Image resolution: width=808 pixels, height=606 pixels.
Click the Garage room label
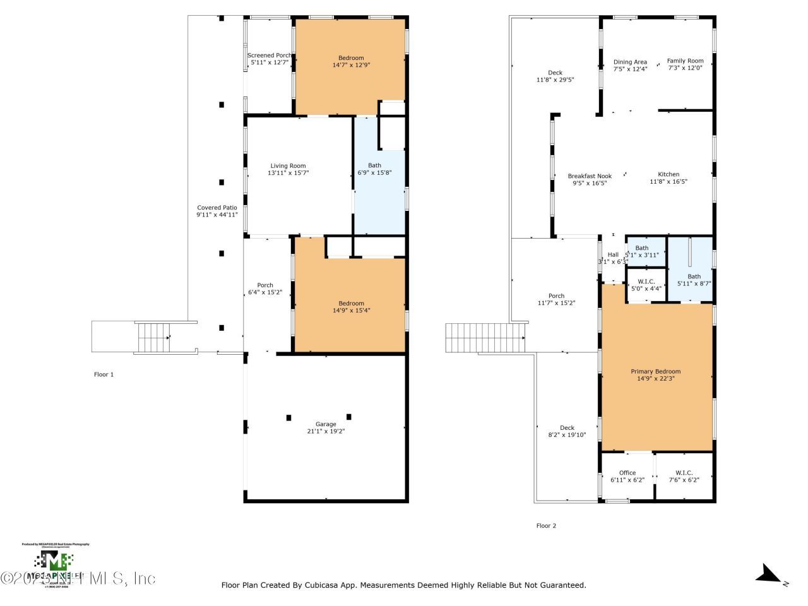(x=326, y=424)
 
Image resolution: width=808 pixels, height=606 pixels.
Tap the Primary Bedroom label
(x=656, y=371)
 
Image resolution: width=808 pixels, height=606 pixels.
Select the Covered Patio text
(x=217, y=208)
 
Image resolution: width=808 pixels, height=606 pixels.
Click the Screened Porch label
(x=270, y=56)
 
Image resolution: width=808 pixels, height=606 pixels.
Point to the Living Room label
(x=288, y=166)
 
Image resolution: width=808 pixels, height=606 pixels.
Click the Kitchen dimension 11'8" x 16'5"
(x=668, y=182)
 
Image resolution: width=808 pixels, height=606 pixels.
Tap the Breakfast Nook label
(x=590, y=176)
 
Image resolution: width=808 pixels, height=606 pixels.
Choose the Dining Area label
(x=630, y=62)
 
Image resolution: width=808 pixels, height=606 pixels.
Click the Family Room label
(x=685, y=61)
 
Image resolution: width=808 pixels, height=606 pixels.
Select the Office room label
(x=627, y=473)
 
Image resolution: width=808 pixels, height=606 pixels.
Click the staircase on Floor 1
(x=153, y=338)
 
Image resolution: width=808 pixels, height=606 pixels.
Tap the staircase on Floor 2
(x=485, y=338)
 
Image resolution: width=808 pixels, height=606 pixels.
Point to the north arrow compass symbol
(x=769, y=574)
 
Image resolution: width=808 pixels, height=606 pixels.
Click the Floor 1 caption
(x=104, y=374)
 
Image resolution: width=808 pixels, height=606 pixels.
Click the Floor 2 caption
(x=546, y=525)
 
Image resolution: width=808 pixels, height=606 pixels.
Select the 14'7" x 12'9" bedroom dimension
(x=351, y=64)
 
